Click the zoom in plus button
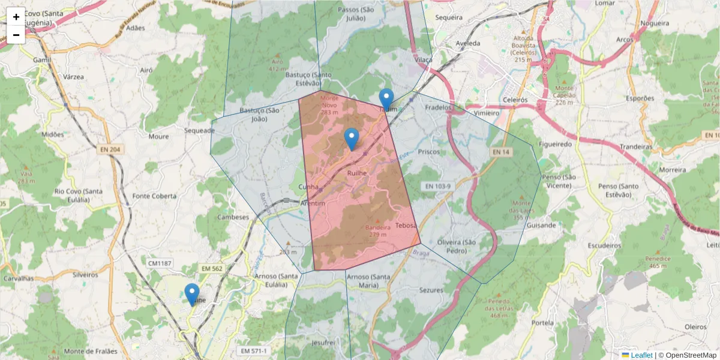(16, 17)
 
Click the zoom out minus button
(16, 35)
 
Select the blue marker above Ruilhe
(351, 139)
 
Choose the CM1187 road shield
(160, 263)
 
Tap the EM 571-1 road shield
(254, 350)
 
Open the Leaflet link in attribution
(641, 355)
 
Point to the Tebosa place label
(406, 226)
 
